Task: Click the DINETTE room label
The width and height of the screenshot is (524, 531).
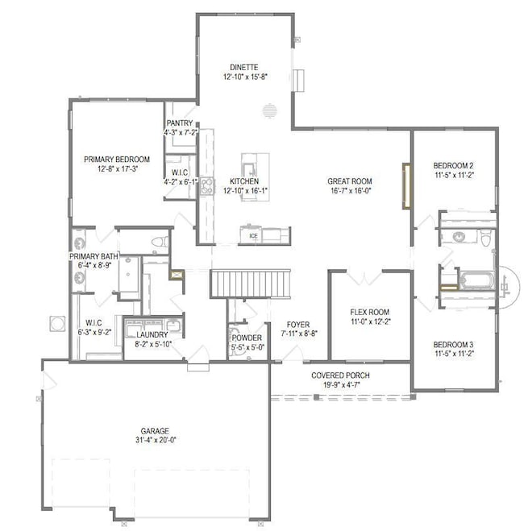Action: click(x=244, y=65)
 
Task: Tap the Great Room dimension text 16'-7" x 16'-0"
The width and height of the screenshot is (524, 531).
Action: click(x=349, y=192)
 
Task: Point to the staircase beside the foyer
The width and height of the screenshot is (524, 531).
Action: click(x=249, y=284)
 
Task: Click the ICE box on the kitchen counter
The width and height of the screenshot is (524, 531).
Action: click(x=252, y=236)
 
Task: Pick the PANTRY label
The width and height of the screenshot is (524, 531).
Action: click(x=179, y=123)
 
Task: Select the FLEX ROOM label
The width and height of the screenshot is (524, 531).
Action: click(x=370, y=312)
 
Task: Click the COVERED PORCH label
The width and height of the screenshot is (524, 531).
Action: click(x=342, y=376)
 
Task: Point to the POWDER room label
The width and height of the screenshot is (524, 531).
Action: click(x=247, y=338)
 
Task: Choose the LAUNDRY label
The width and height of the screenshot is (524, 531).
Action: click(x=152, y=334)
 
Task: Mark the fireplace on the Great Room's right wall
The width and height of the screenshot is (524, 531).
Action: click(x=407, y=187)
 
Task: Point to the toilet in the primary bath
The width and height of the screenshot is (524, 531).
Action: click(x=159, y=240)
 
